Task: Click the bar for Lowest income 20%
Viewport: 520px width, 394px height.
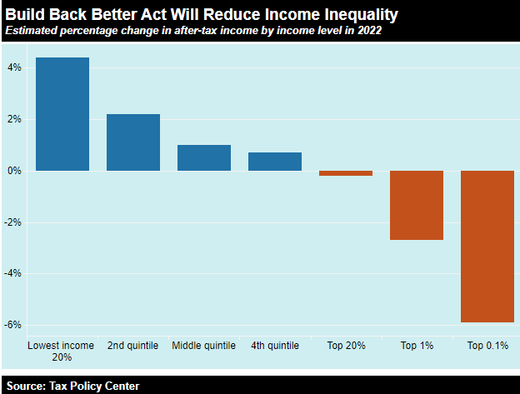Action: tap(62, 114)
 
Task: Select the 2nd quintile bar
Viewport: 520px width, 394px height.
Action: tap(133, 142)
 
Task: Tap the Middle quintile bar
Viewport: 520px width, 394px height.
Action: tap(204, 157)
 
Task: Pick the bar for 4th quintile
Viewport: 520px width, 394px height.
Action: tap(275, 162)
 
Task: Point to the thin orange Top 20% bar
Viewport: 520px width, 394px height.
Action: tap(346, 173)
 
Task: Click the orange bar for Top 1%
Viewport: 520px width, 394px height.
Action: tap(417, 205)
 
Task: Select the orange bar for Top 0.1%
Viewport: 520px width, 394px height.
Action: tap(487, 246)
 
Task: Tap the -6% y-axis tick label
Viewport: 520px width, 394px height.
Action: tap(14, 325)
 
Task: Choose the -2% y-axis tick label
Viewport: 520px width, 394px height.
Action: tap(14, 222)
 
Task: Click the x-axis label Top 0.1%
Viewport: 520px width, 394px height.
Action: tap(487, 345)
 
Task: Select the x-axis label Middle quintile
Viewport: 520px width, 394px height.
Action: tap(204, 345)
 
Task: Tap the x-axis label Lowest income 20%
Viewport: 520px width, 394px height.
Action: tap(62, 351)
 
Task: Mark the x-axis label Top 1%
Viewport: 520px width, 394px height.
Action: tap(417, 345)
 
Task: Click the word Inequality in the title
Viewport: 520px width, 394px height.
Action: tap(353, 15)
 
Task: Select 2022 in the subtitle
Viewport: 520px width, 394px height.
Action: tap(368, 31)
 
